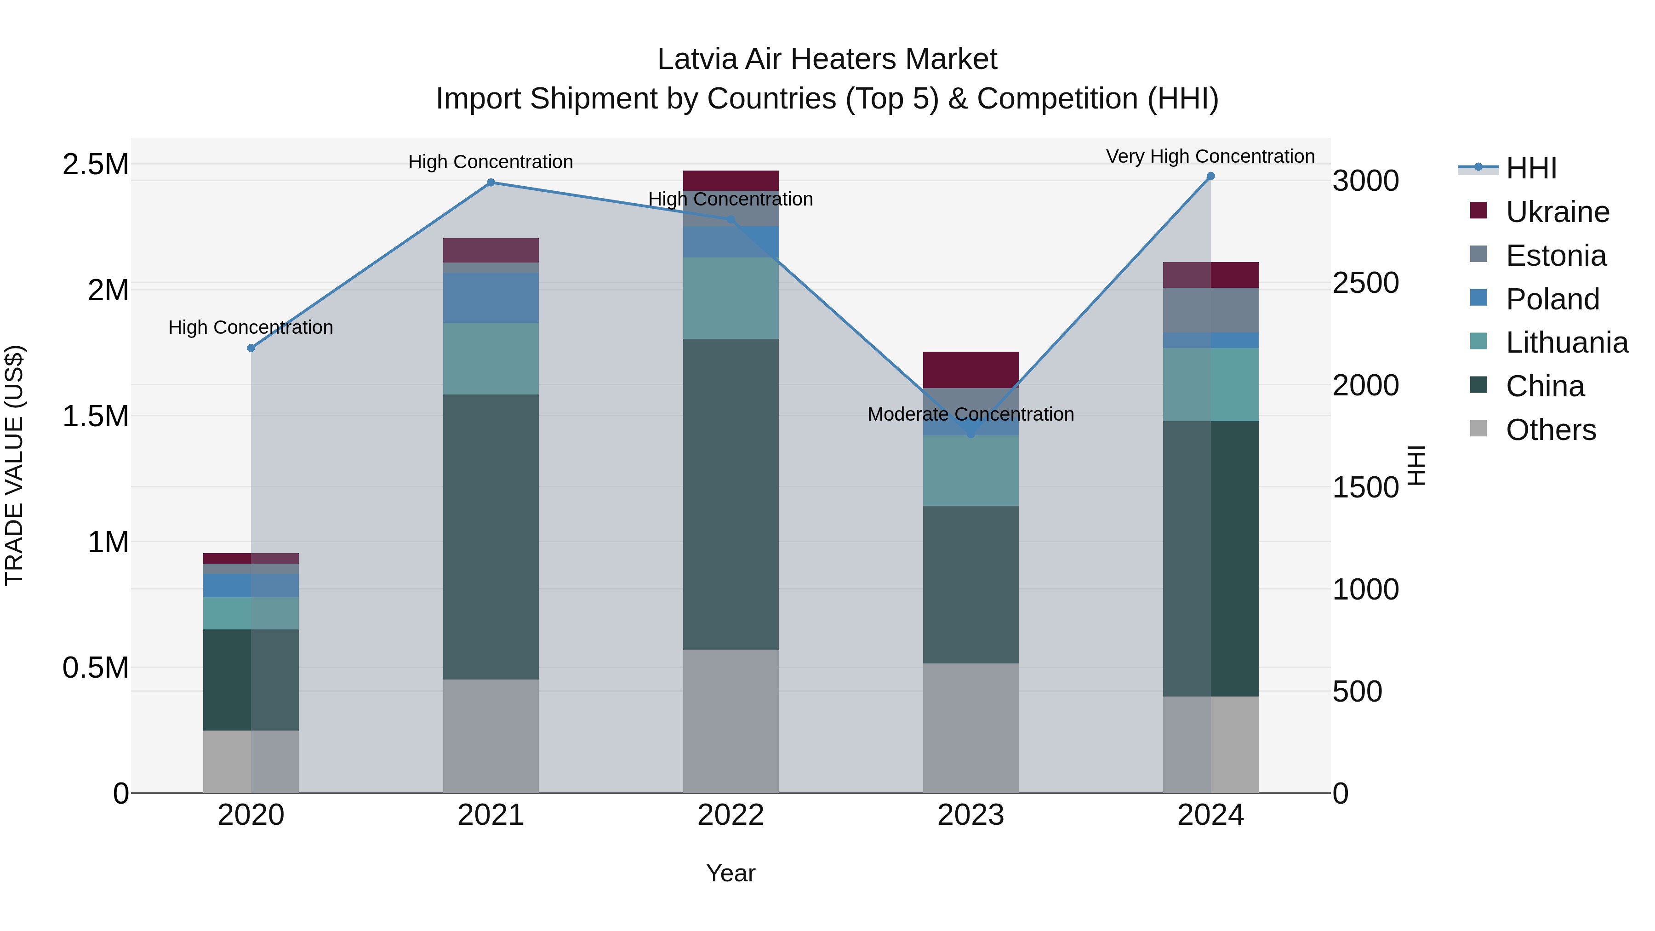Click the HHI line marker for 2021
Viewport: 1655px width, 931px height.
tap(491, 183)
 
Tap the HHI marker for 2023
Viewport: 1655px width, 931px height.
tap(971, 434)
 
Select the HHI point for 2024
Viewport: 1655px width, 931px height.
tap(1210, 176)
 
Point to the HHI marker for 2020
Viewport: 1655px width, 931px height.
tap(251, 348)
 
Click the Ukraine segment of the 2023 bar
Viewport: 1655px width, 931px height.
tap(971, 370)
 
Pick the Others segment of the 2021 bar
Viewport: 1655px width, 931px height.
tap(491, 736)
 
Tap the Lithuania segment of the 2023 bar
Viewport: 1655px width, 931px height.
tap(971, 470)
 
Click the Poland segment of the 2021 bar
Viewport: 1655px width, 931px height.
tap(491, 297)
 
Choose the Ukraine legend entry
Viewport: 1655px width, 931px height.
tap(1558, 212)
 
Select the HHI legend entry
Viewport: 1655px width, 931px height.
tap(1531, 168)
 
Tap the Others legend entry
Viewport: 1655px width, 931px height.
tap(1550, 430)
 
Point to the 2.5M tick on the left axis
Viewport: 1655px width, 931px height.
tap(96, 165)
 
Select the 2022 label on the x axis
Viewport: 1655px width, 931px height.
tap(730, 815)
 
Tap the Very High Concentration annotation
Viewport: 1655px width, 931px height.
tap(1210, 156)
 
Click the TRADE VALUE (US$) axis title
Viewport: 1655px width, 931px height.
tap(14, 465)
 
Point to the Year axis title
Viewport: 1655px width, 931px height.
tap(730, 873)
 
